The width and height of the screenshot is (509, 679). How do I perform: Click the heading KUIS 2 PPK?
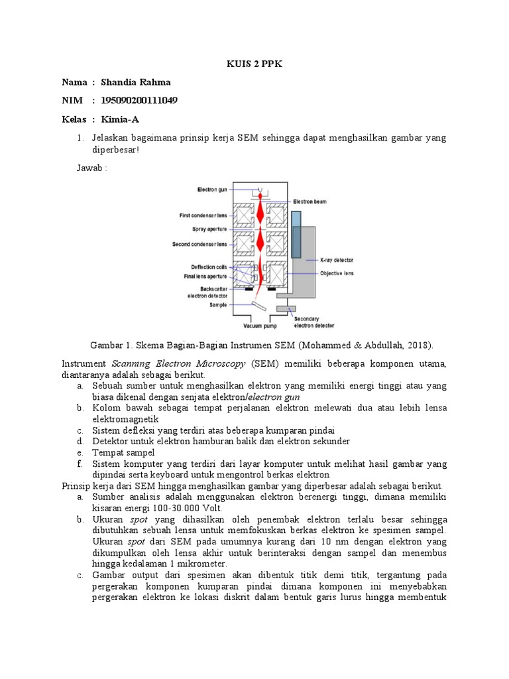tap(254, 64)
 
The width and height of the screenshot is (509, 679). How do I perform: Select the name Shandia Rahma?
tap(135, 82)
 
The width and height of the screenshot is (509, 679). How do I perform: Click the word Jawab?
tap(89, 168)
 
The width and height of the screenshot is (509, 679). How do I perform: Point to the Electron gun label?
tap(212, 190)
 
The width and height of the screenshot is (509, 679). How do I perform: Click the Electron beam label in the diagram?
tap(310, 201)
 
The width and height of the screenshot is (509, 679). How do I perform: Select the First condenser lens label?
tap(202, 216)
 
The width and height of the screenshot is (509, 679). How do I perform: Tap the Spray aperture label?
tap(209, 229)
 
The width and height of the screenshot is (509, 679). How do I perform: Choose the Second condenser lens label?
tap(199, 244)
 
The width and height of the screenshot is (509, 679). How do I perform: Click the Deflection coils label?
tap(209, 267)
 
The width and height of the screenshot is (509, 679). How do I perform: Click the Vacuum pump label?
tap(259, 326)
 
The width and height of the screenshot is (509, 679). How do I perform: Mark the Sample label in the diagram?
tap(218, 305)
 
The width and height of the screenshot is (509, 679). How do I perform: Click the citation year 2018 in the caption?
tap(416, 345)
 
